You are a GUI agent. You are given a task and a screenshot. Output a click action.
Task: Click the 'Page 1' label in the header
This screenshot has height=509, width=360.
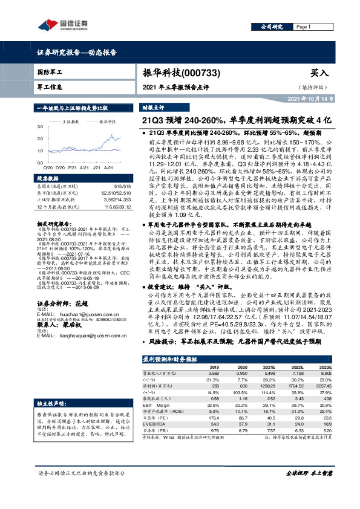point(303,27)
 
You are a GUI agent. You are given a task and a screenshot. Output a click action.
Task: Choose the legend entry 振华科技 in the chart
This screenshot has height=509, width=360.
point(107,122)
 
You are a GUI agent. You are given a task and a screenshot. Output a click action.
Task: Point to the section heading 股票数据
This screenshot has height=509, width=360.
point(48,178)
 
